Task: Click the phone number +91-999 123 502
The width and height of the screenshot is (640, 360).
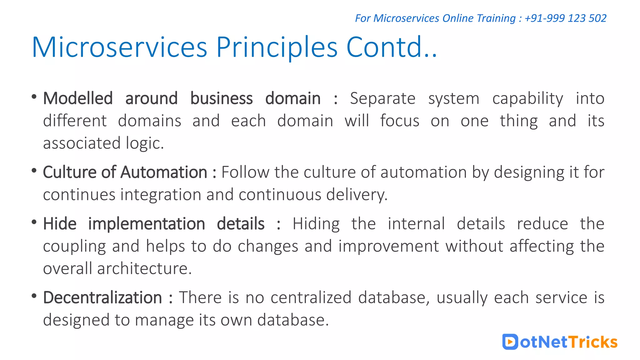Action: pos(565,18)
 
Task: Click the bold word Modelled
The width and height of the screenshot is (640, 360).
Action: pos(78,98)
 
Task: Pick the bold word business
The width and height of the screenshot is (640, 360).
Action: pos(221,98)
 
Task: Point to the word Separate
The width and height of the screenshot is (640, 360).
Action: pos(382,99)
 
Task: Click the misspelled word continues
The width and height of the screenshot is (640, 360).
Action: pos(79,195)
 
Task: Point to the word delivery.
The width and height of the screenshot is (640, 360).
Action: pos(357,195)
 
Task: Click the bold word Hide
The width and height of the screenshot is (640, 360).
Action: pos(60,224)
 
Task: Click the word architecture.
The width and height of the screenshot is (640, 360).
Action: pos(144,269)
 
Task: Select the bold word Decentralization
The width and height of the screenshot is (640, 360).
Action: pos(102,297)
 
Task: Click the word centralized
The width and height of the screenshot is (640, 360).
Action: pos(311,297)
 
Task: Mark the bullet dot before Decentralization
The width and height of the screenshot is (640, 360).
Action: pos(34,296)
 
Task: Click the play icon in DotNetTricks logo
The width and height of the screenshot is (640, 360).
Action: pos(510,342)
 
